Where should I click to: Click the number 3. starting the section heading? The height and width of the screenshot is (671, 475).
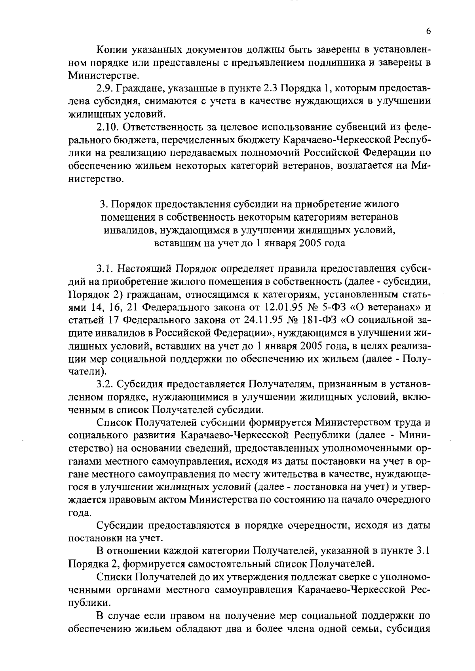pos(103,204)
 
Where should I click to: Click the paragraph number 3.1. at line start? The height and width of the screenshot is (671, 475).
pos(105,269)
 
